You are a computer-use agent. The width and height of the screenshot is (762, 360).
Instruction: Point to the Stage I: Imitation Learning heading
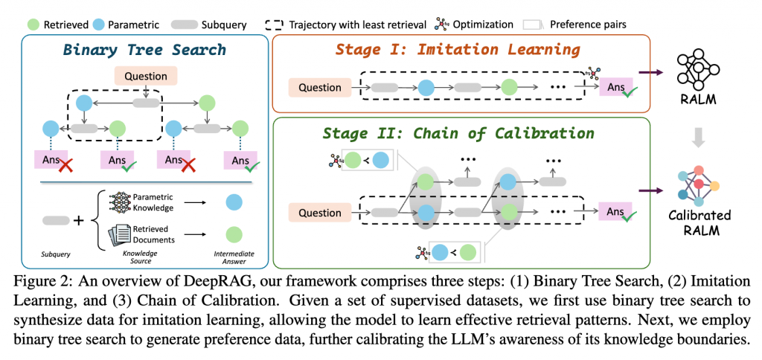pos(458,50)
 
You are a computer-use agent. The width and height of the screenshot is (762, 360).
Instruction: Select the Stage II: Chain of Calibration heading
pos(458,133)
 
